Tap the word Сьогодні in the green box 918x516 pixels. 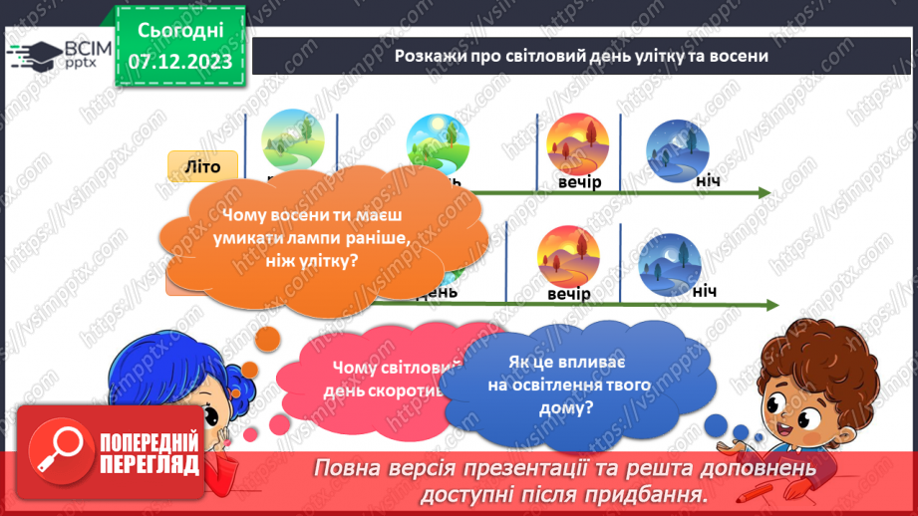click(180, 31)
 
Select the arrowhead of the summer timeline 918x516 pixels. click(764, 192)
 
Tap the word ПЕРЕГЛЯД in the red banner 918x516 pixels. click(150, 464)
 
